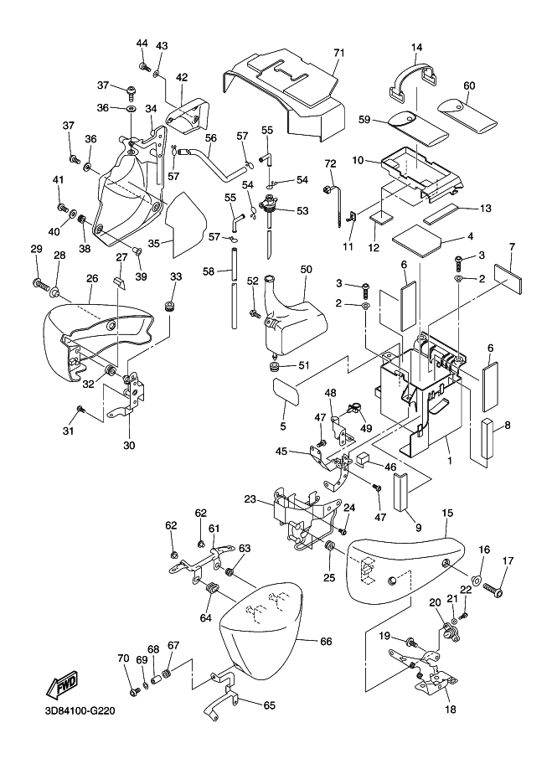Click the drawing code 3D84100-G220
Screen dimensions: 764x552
click(75, 715)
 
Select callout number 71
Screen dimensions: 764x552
click(339, 53)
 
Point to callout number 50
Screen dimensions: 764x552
click(307, 269)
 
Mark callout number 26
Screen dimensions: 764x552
click(92, 278)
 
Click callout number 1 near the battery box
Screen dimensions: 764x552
click(449, 461)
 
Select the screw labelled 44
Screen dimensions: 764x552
click(143, 65)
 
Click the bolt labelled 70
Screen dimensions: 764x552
click(135, 692)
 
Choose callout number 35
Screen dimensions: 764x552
click(154, 244)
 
